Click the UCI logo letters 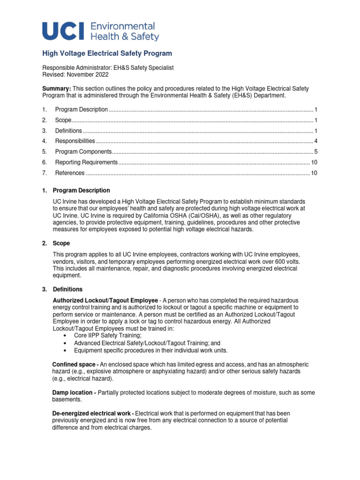(63, 31)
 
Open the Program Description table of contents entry (82, 110)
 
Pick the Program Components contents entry (83, 152)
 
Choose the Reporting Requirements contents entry (86, 162)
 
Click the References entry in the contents (70, 173)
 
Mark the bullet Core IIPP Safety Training (107, 336)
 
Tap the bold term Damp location (74, 392)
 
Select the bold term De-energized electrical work (93, 413)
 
